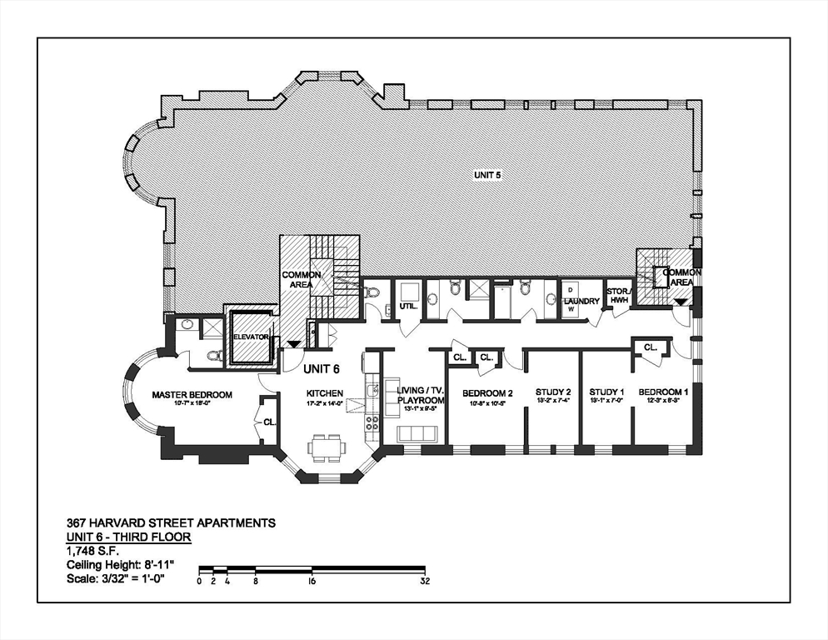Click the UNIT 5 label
click(x=491, y=176)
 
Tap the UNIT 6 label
click(x=322, y=369)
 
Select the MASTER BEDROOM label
click(x=192, y=394)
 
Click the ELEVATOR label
click(x=251, y=337)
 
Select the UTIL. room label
click(x=407, y=307)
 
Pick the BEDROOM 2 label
click(x=487, y=392)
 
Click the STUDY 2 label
click(x=553, y=392)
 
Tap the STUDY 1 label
click(x=606, y=392)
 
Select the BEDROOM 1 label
click(x=663, y=392)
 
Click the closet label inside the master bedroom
click(x=269, y=422)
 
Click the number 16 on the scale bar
click(x=311, y=581)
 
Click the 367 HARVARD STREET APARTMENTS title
click(x=171, y=523)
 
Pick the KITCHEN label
click(x=324, y=393)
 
